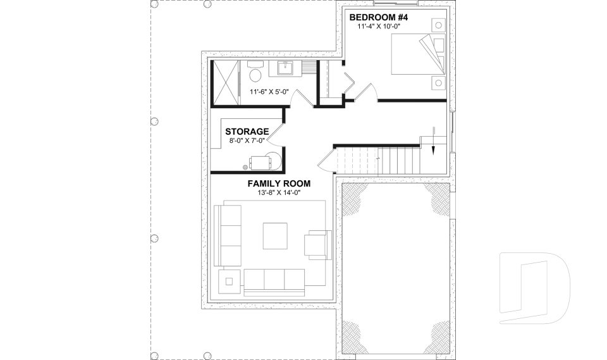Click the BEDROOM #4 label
pyautogui.click(x=379, y=17)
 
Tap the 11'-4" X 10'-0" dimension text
pyautogui.click(x=379, y=27)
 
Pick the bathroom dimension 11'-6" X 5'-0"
pyautogui.click(x=269, y=92)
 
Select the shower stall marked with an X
pyautogui.click(x=225, y=83)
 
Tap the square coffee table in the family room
pyautogui.click(x=274, y=237)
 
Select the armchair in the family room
pyautogui.click(x=318, y=244)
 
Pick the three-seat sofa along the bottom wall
pyautogui.click(x=274, y=279)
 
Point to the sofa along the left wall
pyautogui.click(x=228, y=235)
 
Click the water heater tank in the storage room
pyautogui.click(x=273, y=160)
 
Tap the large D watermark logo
pyautogui.click(x=534, y=287)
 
